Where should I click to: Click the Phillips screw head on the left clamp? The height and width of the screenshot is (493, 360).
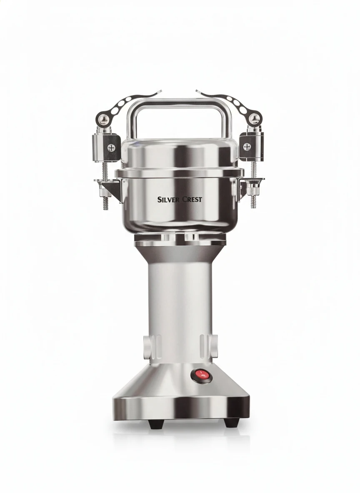(110, 147)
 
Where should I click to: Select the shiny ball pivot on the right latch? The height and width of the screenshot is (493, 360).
(254, 118)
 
